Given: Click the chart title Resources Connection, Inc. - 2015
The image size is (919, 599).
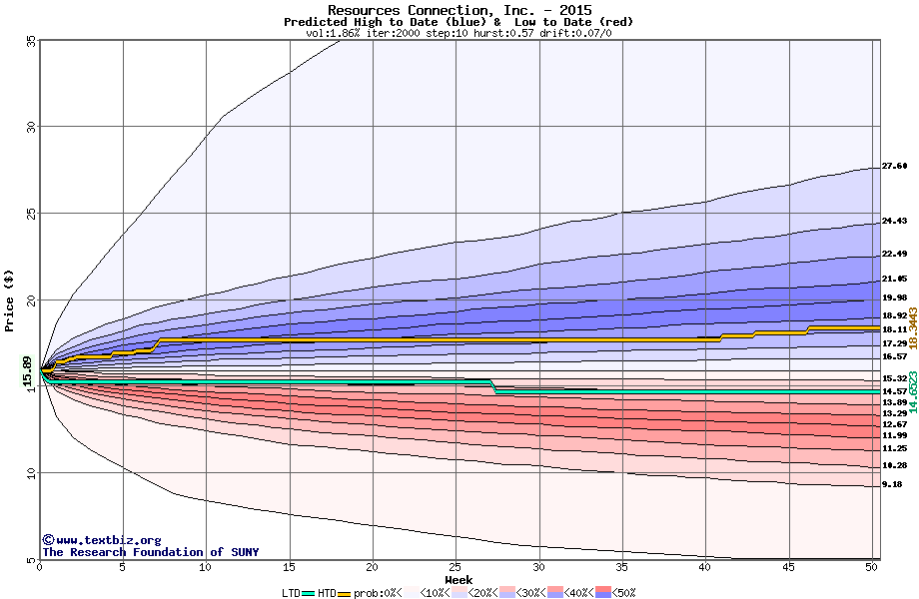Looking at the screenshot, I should (459, 10).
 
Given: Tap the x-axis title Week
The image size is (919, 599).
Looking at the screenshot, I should (459, 579).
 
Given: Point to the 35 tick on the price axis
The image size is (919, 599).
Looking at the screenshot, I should (30, 40).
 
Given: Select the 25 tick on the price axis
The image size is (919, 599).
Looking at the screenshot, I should (30, 214).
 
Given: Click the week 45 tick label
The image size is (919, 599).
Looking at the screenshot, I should (788, 567).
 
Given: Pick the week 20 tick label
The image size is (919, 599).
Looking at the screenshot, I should (372, 567).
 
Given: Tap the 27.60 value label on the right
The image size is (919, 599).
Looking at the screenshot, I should (894, 166).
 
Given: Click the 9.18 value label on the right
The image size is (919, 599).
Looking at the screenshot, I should (891, 484).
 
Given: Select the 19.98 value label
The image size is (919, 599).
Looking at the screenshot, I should (894, 298).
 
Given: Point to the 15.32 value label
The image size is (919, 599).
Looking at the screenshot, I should (894, 378).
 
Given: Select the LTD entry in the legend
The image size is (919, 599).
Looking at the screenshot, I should (291, 593).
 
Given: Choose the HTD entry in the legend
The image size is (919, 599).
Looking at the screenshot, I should (327, 593).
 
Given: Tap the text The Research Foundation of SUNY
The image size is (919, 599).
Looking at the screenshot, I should (150, 552).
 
